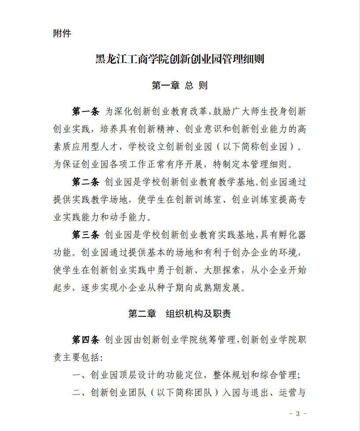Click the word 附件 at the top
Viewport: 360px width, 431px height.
[62, 34]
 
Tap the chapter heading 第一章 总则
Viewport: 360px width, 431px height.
[180, 85]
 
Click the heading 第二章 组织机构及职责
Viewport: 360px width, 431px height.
[180, 314]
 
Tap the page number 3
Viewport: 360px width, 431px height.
[298, 413]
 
